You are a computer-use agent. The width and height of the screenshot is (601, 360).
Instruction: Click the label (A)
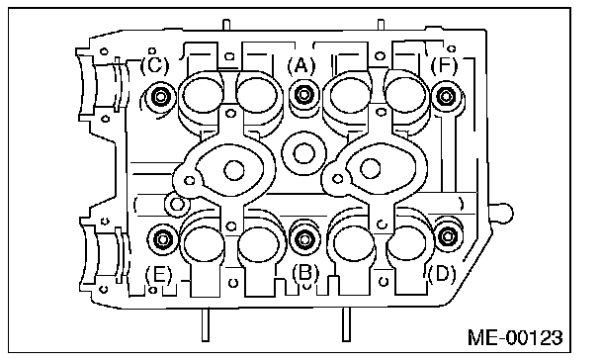click(301, 65)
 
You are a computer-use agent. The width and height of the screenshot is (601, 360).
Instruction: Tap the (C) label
click(156, 66)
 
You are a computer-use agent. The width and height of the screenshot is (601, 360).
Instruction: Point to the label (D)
click(442, 271)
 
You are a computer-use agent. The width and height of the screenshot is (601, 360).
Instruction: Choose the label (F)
click(446, 65)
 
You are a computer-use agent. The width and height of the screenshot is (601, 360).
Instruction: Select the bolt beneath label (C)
click(160, 96)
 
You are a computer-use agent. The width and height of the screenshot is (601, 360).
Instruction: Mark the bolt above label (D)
click(448, 236)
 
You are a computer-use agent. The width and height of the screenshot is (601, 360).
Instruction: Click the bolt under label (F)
click(447, 96)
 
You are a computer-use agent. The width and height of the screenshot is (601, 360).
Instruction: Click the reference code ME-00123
click(521, 337)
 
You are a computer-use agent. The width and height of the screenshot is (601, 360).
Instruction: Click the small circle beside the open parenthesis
click(178, 203)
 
